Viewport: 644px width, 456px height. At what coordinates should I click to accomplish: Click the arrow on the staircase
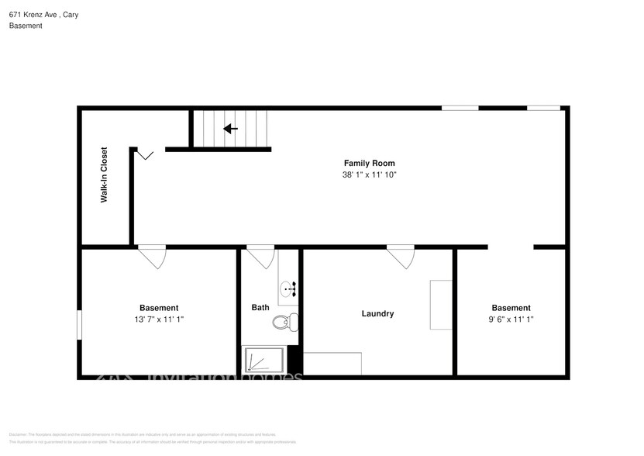tap(230, 129)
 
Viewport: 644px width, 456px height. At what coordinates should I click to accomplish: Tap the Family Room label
tap(369, 163)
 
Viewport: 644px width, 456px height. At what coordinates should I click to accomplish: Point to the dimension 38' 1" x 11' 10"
tap(369, 175)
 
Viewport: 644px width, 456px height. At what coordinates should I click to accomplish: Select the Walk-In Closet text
tap(103, 175)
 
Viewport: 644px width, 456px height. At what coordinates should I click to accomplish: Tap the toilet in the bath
tap(284, 322)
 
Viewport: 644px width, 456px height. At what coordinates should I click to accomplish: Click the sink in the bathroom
tap(289, 290)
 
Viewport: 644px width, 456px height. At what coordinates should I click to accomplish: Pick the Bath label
tap(260, 308)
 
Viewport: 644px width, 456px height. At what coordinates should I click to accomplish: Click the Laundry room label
tap(377, 313)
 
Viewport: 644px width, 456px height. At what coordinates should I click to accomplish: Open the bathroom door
tap(260, 257)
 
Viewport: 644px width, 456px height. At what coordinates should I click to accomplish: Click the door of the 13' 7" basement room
tap(152, 257)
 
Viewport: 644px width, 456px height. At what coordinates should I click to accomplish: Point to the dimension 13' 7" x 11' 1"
tap(158, 319)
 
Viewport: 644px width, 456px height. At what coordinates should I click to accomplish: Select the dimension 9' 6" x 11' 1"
tap(511, 319)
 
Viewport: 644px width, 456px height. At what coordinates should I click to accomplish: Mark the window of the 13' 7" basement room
tap(79, 324)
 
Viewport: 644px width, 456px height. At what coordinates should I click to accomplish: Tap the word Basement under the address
tap(26, 26)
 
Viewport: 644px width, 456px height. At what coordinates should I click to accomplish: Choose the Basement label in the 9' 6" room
tap(511, 308)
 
